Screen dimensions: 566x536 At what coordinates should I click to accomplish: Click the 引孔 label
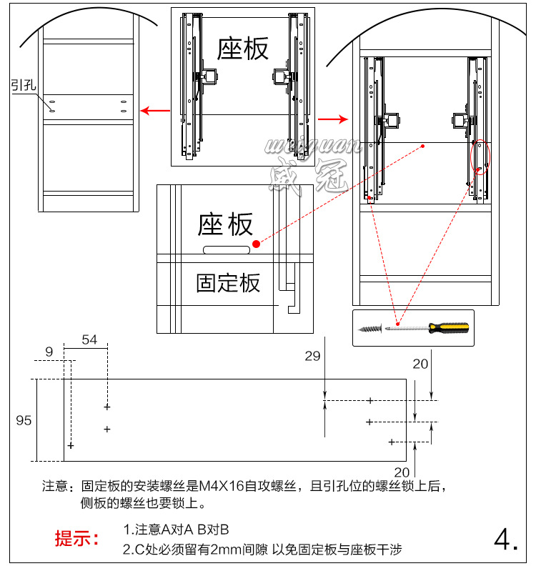pos(23,84)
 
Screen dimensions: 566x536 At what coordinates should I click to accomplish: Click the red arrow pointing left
pos(154,111)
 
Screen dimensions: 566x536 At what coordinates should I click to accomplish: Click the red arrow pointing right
pos(332,118)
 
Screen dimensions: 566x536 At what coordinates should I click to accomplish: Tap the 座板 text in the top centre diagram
pos(243,49)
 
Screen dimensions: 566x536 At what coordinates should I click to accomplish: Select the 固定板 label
pos(228,283)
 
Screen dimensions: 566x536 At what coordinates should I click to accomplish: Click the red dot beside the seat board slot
pos(257,244)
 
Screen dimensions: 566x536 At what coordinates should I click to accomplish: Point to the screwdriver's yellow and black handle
pos(447,328)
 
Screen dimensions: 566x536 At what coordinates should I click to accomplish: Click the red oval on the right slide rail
pos(480,157)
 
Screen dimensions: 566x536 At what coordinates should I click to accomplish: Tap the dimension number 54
pos(89,339)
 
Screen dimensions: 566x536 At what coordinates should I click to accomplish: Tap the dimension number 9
pos(49,352)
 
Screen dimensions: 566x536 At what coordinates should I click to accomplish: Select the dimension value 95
pos(24,420)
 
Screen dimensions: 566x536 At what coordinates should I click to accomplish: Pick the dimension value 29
pos(312,357)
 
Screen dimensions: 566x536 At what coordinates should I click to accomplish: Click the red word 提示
pos(77,539)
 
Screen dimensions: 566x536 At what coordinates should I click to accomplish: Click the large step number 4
pos(505,539)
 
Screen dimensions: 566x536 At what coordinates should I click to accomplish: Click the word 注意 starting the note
pos(54,487)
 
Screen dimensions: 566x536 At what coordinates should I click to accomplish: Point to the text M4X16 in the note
pos(222,487)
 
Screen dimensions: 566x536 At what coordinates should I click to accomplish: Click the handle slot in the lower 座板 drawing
pos(227,251)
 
